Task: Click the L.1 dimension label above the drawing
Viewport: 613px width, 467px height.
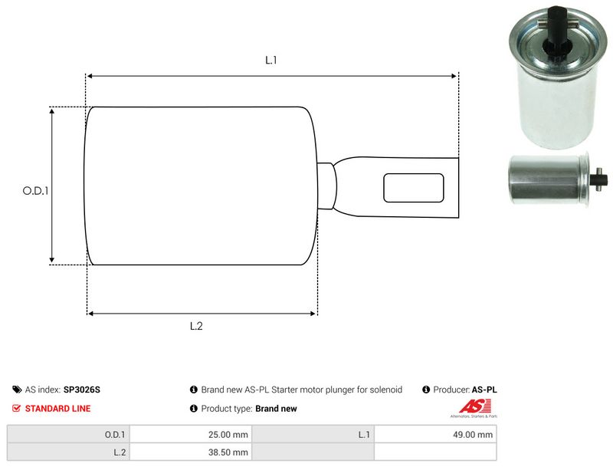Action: point(270,60)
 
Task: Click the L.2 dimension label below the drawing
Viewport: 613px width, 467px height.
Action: point(196,326)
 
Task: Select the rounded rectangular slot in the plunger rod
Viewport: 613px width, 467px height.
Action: point(414,188)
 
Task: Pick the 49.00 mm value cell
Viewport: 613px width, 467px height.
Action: point(475,435)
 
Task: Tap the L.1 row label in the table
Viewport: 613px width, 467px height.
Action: point(364,435)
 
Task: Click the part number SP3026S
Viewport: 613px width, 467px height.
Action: point(81,390)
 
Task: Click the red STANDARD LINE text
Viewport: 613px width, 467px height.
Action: point(57,409)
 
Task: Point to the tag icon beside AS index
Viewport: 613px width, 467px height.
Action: point(17,390)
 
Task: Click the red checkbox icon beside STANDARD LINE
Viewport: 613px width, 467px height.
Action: point(17,409)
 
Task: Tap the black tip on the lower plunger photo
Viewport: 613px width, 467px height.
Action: point(601,181)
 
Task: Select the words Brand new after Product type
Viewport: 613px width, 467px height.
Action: point(276,409)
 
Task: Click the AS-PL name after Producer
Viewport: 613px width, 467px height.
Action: point(484,390)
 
